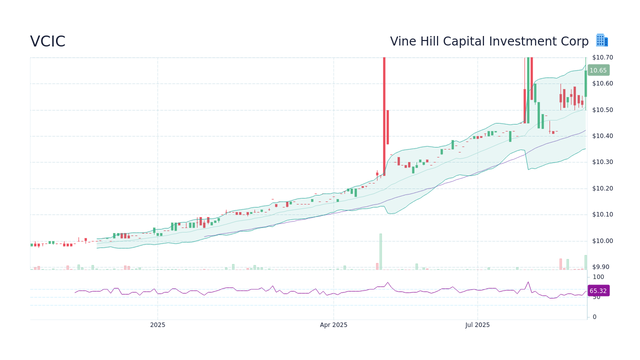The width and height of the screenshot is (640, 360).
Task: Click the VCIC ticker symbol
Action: coord(47,41)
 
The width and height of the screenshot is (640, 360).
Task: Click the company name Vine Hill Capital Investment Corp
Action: coord(489,41)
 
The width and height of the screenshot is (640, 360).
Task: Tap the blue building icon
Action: coord(601,40)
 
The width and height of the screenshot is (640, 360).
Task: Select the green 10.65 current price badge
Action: coord(598,70)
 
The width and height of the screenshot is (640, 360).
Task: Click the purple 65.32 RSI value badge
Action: coord(598,290)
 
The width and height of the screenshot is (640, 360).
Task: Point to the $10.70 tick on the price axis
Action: coord(602,57)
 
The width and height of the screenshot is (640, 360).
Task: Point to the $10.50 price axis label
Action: coord(602,110)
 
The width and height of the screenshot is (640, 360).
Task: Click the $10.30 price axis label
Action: coord(602,162)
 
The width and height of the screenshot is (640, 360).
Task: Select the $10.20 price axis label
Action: coord(602,188)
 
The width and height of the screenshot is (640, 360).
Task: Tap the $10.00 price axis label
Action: coord(602,241)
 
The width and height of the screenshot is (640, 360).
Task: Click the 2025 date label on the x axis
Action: coord(157,325)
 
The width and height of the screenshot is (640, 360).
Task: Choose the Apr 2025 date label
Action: coord(333,325)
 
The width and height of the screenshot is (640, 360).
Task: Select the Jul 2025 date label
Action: coord(477,325)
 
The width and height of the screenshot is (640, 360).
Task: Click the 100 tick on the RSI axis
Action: coord(598,277)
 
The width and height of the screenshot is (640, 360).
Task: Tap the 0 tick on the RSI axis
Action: coord(594,317)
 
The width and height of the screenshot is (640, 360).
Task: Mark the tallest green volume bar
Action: coord(380,251)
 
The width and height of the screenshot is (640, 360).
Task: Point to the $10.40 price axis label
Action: coord(602,136)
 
